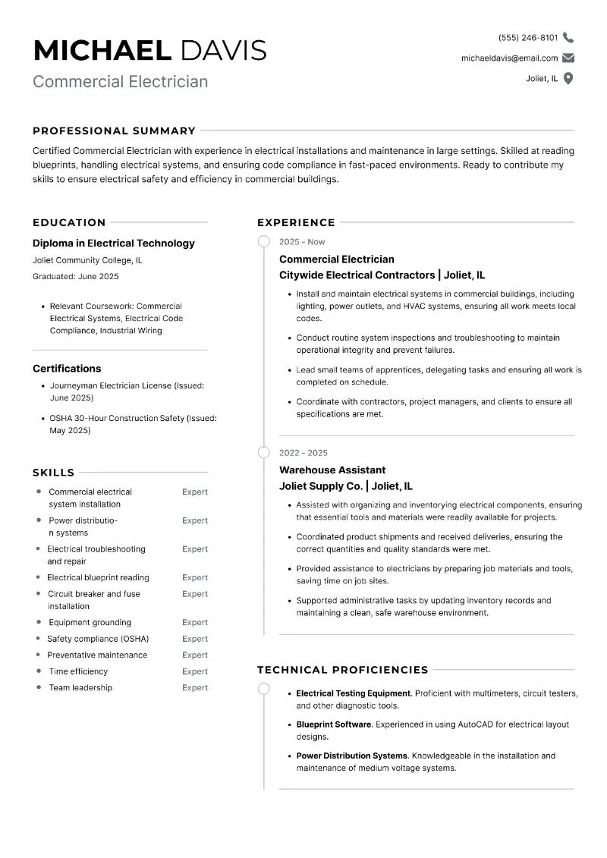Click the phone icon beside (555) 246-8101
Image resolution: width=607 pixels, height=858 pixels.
568,37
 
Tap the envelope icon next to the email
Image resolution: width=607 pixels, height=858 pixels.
568,58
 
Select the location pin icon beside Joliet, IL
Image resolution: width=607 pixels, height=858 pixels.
568,78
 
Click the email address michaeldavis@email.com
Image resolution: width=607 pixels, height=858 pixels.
509,58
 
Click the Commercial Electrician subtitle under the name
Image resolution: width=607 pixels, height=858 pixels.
120,81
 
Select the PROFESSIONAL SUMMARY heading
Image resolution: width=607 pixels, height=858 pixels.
114,130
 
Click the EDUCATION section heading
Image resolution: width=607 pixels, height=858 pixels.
69,222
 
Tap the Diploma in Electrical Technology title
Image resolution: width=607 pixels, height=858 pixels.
114,244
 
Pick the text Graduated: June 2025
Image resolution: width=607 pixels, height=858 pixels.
76,277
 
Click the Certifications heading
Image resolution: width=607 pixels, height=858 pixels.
67,369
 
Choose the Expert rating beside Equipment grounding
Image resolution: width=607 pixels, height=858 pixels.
195,623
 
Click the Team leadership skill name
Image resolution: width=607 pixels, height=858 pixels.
80,688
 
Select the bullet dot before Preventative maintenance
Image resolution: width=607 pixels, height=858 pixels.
39,655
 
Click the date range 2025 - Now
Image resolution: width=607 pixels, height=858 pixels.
302,242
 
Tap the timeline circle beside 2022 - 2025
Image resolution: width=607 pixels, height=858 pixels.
263,453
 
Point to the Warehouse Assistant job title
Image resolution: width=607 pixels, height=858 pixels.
332,470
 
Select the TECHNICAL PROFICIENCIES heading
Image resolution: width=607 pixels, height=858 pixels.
343,670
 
